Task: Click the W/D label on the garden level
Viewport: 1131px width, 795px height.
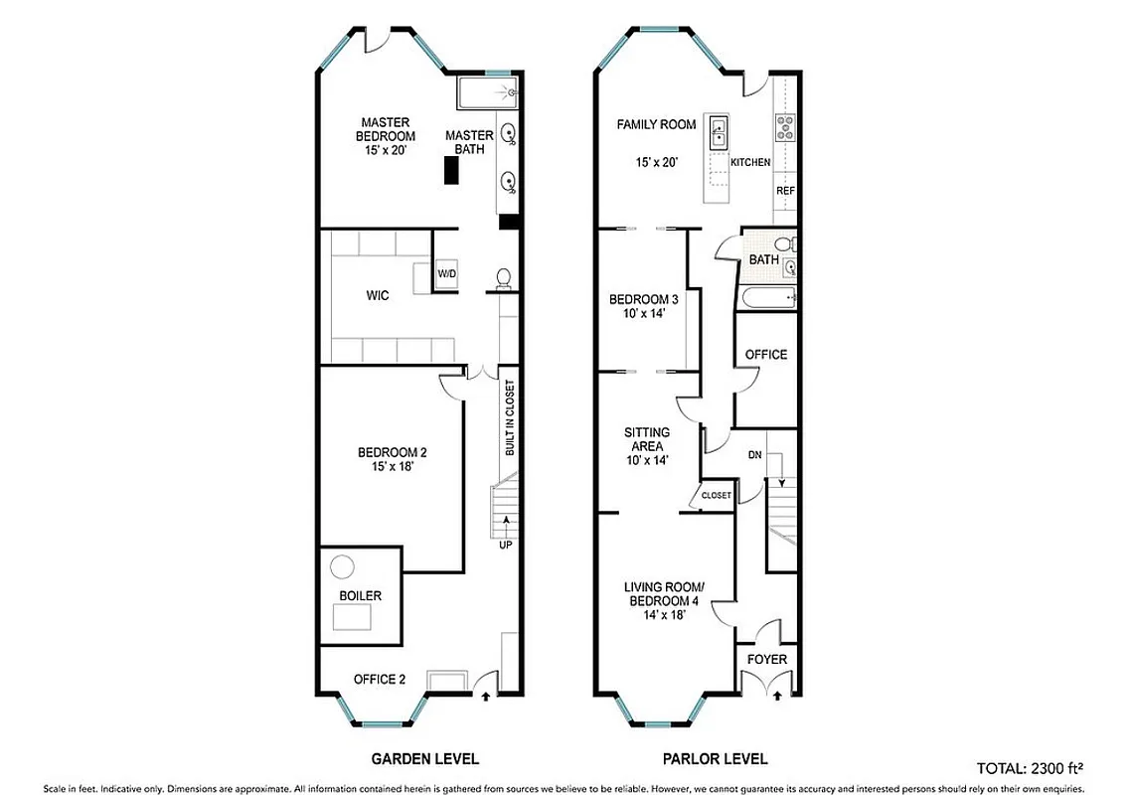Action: click(447, 274)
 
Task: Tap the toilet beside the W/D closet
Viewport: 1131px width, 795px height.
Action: click(503, 277)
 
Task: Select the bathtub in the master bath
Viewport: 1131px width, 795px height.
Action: click(487, 94)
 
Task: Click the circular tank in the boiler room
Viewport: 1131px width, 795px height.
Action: click(342, 566)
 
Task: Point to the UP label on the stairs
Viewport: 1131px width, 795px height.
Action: click(507, 545)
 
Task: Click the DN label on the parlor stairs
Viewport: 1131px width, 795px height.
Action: click(754, 454)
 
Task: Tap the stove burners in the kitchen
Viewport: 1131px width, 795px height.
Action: click(785, 126)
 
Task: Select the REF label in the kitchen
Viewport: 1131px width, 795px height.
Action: click(785, 191)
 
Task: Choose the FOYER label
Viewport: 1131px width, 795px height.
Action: click(766, 660)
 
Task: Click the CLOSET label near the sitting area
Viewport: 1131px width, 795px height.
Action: click(716, 495)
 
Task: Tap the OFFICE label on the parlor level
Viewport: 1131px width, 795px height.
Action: click(765, 354)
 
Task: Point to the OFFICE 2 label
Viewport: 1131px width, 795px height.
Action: click(380, 680)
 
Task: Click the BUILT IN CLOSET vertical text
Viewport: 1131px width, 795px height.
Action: click(508, 417)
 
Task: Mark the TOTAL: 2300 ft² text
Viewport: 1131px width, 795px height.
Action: click(1030, 767)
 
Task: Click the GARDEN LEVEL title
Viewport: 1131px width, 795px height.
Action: click(424, 758)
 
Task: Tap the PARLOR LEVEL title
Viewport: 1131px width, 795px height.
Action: click(715, 758)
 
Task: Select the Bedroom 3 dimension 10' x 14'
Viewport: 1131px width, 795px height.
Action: click(643, 313)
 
